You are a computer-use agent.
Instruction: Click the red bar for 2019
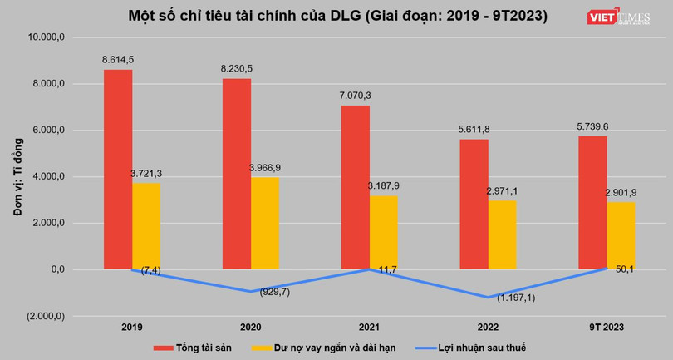click(117, 170)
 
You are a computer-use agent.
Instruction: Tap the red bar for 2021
click(356, 187)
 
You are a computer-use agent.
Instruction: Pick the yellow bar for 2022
click(501, 234)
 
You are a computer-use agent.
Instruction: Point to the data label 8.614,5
click(118, 59)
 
